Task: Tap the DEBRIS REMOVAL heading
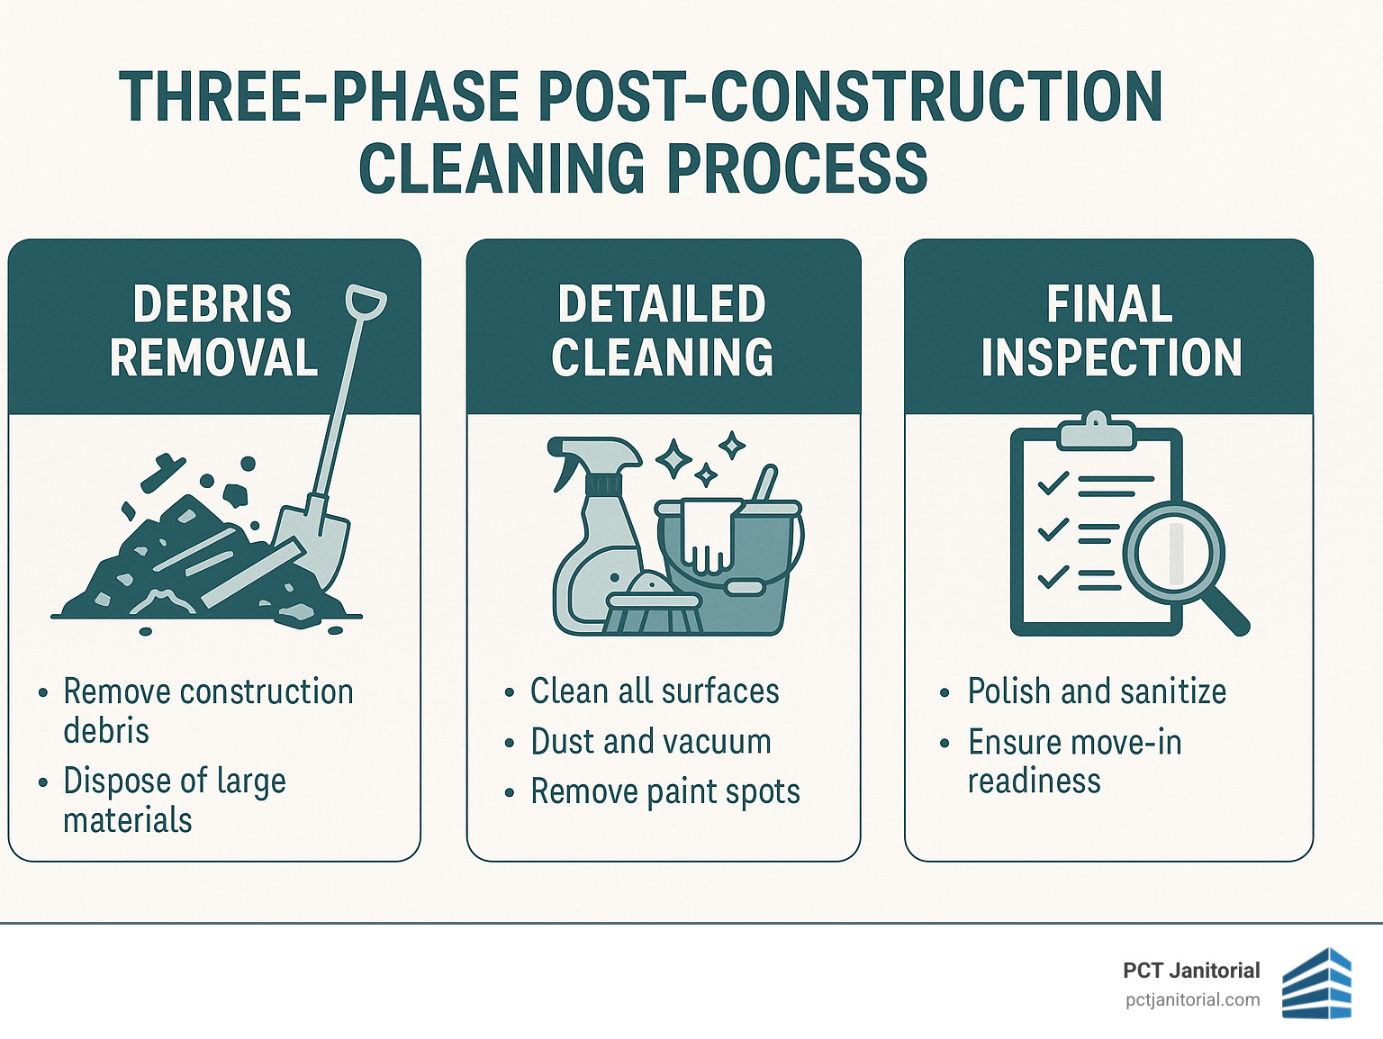pyautogui.click(x=213, y=330)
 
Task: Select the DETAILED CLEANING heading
pyautogui.click(x=662, y=330)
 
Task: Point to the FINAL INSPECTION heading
pyautogui.click(x=1111, y=330)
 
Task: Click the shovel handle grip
pyautogui.click(x=366, y=303)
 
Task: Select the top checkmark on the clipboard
pyautogui.click(x=1053, y=483)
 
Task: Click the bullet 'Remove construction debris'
pyautogui.click(x=207, y=710)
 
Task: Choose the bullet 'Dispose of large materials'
pyautogui.click(x=174, y=800)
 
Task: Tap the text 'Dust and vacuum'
pyautogui.click(x=650, y=742)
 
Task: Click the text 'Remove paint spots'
pyautogui.click(x=664, y=792)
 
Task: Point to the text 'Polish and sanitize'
pyautogui.click(x=1097, y=691)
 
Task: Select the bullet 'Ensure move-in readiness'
pyautogui.click(x=1074, y=761)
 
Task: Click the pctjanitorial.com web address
pyautogui.click(x=1192, y=999)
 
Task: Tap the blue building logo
pyautogui.click(x=1316, y=983)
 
